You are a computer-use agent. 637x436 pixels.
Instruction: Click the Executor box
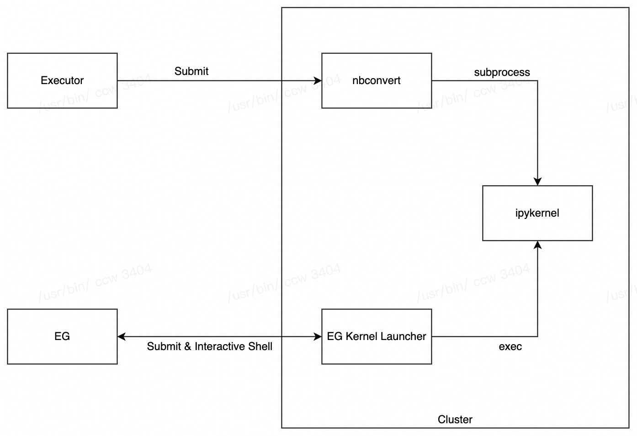pos(62,80)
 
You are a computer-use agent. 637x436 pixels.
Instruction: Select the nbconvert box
pos(377,80)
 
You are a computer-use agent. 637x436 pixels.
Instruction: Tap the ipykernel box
pos(537,213)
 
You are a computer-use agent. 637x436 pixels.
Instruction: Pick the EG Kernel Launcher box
pos(377,336)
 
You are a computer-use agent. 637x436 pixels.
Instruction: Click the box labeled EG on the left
pos(62,336)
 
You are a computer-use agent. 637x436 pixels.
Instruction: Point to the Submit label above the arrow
pos(191,71)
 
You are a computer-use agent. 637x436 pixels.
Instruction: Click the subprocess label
pos(502,72)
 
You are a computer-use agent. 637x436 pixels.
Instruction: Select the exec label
pos(510,346)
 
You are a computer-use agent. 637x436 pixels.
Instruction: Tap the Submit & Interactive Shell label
pos(209,346)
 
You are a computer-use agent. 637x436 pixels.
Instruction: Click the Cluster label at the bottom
pos(455,420)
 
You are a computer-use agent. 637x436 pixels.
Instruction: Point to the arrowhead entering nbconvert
pos(318,81)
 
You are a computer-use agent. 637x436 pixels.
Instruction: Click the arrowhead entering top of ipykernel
pos(537,181)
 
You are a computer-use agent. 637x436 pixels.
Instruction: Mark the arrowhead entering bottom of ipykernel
pos(537,245)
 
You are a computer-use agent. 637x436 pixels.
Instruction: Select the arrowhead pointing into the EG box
pos(122,337)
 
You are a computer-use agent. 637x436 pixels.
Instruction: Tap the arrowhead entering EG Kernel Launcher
pos(318,337)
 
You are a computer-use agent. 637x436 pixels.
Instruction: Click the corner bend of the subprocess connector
pos(537,81)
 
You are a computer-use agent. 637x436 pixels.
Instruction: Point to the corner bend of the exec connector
pos(537,337)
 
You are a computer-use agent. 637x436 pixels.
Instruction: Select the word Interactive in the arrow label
pos(220,346)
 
